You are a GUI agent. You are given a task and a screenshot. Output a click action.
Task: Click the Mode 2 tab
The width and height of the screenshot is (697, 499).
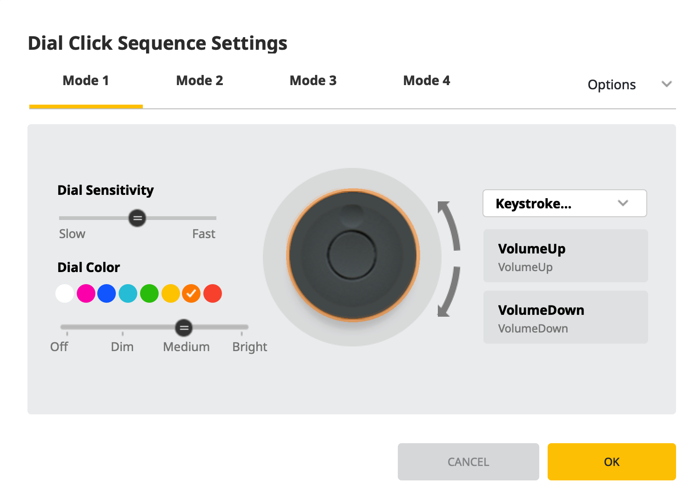(200, 81)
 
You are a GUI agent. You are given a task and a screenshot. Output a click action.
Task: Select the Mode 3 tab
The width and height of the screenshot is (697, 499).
(313, 81)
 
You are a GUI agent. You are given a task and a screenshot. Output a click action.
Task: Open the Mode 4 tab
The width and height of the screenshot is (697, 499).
(427, 81)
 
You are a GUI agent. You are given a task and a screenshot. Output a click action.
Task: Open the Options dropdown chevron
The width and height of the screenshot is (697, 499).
(667, 84)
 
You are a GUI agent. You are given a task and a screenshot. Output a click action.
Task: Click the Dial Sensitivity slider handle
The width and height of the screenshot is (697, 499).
(137, 218)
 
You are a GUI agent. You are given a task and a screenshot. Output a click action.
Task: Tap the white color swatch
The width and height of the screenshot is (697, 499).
(65, 293)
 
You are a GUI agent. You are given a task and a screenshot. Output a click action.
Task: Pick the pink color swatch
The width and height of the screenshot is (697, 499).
(86, 293)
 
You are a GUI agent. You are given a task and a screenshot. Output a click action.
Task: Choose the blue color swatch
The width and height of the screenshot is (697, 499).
(107, 293)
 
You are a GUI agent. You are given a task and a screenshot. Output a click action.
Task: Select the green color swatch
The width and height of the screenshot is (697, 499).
(149, 293)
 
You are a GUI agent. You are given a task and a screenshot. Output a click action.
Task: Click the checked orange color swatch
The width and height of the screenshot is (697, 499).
(191, 293)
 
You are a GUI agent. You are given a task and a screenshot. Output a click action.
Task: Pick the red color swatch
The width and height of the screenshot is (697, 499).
(213, 293)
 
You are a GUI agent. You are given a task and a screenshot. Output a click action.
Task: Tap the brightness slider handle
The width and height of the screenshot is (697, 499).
(184, 328)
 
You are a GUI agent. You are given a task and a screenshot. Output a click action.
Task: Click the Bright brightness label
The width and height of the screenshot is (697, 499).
(250, 347)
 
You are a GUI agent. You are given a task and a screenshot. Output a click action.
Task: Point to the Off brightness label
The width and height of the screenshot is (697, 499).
(59, 347)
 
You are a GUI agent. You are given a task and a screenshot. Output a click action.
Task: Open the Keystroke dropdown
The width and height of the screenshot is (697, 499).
(564, 203)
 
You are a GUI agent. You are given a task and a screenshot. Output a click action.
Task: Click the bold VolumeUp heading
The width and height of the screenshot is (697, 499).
(532, 249)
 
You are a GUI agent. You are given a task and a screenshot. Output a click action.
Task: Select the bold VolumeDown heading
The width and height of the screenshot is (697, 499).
(541, 310)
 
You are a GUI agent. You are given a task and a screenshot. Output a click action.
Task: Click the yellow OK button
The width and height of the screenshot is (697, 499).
(611, 462)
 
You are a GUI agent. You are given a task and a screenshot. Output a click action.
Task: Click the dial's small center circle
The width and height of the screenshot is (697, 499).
(352, 255)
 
